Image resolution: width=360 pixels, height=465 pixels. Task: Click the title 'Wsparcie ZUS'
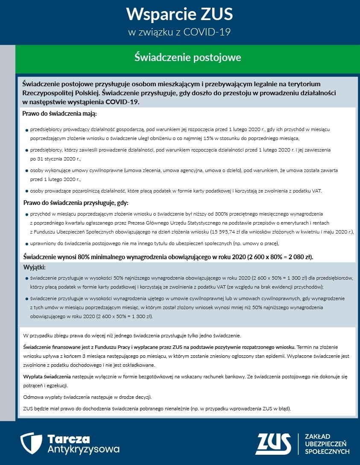click(x=179, y=15)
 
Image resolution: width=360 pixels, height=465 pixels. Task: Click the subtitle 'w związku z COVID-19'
click(x=179, y=32)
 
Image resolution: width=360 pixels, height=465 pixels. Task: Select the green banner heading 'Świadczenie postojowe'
click(x=187, y=57)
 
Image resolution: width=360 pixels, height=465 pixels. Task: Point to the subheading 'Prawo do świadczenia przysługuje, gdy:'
click(x=76, y=202)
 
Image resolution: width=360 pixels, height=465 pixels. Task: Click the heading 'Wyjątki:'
click(x=34, y=267)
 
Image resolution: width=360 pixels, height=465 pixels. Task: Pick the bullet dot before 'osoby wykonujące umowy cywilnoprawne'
click(x=27, y=171)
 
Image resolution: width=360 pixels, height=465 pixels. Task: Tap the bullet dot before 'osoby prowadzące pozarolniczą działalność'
click(x=27, y=191)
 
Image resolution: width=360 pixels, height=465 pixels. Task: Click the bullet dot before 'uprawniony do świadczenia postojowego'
click(x=27, y=244)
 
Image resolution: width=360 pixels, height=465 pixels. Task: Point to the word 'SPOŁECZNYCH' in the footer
click(x=327, y=451)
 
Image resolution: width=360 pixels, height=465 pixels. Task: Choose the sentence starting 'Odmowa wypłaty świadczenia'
click(x=88, y=397)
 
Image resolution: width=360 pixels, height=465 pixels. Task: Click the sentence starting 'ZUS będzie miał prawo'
click(x=157, y=409)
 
